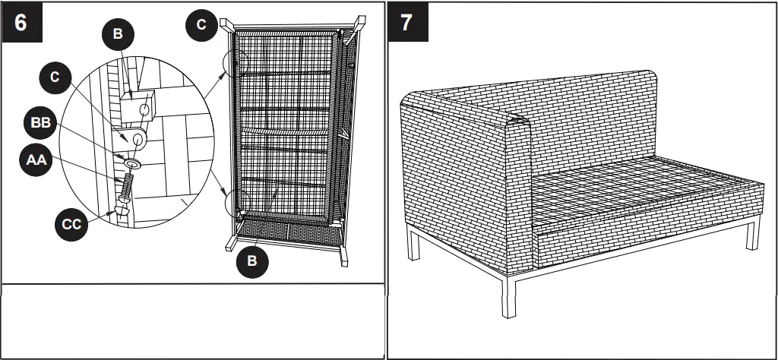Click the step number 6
pyautogui.click(x=21, y=22)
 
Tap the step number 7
pyautogui.click(x=407, y=23)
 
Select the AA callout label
pyautogui.click(x=36, y=159)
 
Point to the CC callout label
pyautogui.click(x=71, y=224)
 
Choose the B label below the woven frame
pyautogui.click(x=252, y=261)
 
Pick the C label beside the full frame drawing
pyautogui.click(x=201, y=25)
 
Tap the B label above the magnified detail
pyautogui.click(x=118, y=33)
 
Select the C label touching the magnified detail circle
pyautogui.click(x=55, y=77)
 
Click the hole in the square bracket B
pyautogui.click(x=145, y=109)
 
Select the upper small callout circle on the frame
pyautogui.click(x=236, y=64)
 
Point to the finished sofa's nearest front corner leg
pyautogui.click(x=508, y=296)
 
